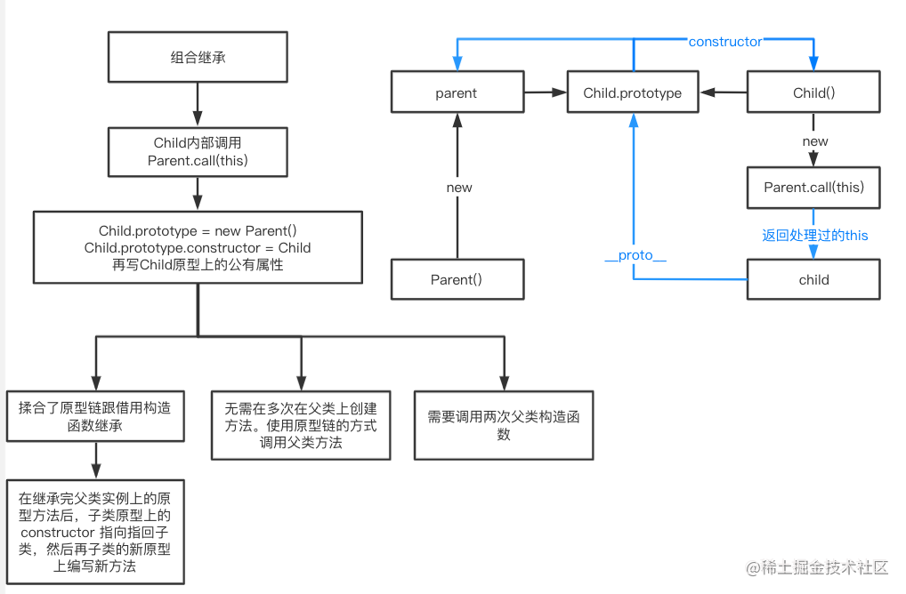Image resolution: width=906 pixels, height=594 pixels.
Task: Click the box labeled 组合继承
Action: (x=198, y=58)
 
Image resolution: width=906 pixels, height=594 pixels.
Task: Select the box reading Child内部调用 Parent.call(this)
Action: (x=198, y=151)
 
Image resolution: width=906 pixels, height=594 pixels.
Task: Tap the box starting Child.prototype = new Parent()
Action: (x=198, y=246)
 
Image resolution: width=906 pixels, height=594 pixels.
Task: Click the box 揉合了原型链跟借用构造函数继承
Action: (x=94, y=416)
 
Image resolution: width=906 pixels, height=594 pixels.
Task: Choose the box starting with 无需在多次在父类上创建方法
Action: (x=301, y=425)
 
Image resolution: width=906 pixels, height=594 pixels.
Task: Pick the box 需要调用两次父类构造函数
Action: (x=504, y=425)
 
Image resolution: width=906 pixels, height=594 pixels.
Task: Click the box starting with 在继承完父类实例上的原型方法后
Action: (x=94, y=531)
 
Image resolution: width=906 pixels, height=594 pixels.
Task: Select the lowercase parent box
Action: (x=457, y=92)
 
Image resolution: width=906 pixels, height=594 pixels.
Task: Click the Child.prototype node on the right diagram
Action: (x=633, y=92)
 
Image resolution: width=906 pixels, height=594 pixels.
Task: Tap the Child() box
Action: (x=813, y=92)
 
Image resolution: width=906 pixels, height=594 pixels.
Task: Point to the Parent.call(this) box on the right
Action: (x=813, y=187)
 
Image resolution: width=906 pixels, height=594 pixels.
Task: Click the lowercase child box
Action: (x=813, y=279)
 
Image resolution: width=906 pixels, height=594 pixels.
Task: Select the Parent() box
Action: (x=457, y=279)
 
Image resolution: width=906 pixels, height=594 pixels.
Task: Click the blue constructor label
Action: (x=725, y=42)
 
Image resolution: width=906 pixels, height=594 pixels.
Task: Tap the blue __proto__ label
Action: (x=635, y=255)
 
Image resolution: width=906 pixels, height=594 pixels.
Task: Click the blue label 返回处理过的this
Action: (x=814, y=236)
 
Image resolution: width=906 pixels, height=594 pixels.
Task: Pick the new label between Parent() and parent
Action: (x=458, y=188)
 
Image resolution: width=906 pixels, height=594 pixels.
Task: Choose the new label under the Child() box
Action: (x=814, y=141)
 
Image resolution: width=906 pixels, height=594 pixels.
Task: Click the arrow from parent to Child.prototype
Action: (x=545, y=92)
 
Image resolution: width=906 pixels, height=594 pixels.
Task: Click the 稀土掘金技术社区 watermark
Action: (x=818, y=566)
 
